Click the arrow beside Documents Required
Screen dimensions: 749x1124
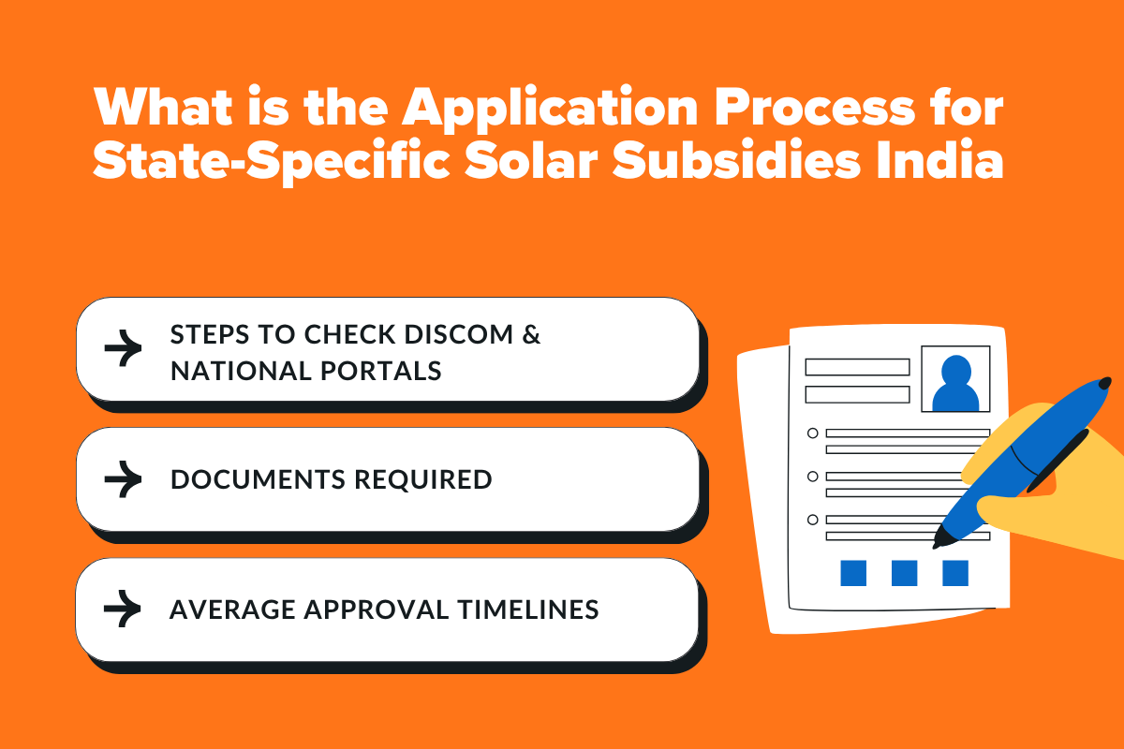tap(123, 479)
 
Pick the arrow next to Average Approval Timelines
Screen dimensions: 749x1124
tap(123, 609)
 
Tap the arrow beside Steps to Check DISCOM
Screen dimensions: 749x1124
tap(123, 349)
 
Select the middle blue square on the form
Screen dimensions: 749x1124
tap(904, 573)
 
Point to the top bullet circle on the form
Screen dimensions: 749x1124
tap(812, 433)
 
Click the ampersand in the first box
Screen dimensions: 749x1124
tap(532, 335)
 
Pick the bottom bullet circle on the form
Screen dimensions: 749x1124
tap(812, 519)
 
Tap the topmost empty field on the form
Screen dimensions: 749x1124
tap(857, 367)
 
